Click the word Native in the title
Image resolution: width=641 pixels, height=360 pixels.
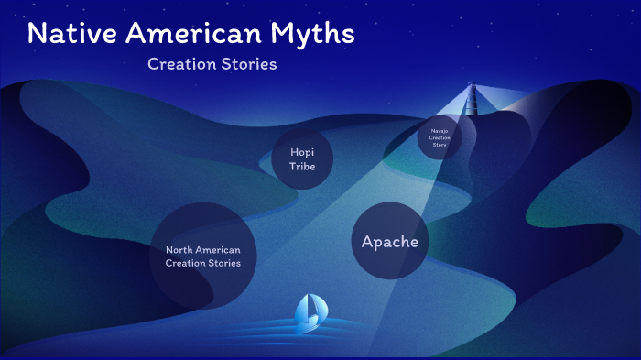pyautogui.click(x=71, y=35)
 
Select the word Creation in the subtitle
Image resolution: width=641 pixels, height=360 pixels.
pyautogui.click(x=179, y=65)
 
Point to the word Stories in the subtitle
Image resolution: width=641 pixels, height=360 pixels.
pyautogui.click(x=247, y=65)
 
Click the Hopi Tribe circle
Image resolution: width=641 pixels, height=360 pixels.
pyautogui.click(x=302, y=159)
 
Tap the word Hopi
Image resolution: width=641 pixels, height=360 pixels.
pyautogui.click(x=302, y=152)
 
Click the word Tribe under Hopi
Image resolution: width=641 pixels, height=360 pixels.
pyautogui.click(x=302, y=167)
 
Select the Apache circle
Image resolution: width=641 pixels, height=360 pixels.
pyautogui.click(x=390, y=241)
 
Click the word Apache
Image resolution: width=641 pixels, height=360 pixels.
pyautogui.click(x=390, y=242)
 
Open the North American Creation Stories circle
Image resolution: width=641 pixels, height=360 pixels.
pyautogui.click(x=202, y=256)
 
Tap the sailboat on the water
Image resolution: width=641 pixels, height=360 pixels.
pyautogui.click(x=309, y=313)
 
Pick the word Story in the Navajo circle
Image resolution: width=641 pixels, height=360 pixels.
pyautogui.click(x=440, y=145)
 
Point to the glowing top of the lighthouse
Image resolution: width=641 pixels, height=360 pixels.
pyautogui.click(x=474, y=88)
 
